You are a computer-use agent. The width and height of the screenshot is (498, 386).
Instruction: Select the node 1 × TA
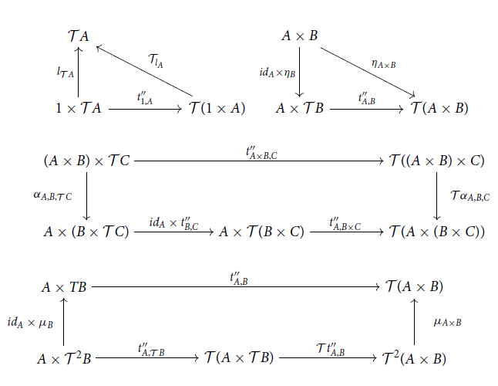pyautogui.click(x=79, y=109)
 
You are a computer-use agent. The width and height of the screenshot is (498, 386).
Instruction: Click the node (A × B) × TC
pyautogui.click(x=86, y=161)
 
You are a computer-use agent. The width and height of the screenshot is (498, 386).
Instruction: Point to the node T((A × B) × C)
pyautogui.click(x=437, y=161)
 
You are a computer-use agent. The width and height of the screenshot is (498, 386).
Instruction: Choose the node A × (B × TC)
pyautogui.click(x=86, y=231)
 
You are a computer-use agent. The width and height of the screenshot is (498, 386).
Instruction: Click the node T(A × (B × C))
pyautogui.click(x=436, y=231)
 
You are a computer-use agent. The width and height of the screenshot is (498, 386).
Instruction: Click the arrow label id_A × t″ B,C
pyautogui.click(x=174, y=222)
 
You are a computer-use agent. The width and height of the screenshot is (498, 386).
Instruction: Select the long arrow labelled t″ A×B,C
pyautogui.click(x=259, y=161)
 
